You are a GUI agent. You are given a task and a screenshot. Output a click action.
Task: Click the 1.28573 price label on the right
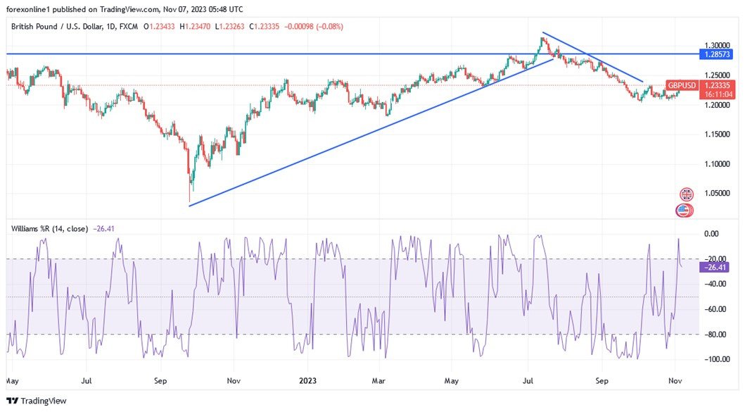click(717, 54)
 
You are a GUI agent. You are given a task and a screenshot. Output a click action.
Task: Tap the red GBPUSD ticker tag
click(682, 85)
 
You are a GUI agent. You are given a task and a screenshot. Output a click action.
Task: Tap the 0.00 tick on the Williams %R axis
click(711, 234)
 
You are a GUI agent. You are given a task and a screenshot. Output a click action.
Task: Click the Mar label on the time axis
click(378, 381)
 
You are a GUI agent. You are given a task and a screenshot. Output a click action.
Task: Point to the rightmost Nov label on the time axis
click(674, 381)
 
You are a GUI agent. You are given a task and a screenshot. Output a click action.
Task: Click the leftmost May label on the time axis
click(12, 381)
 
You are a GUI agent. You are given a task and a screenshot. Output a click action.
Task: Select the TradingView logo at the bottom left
click(37, 401)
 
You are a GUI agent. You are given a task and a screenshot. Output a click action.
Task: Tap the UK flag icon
click(686, 194)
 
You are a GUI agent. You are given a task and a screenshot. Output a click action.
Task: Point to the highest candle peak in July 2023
click(542, 37)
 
